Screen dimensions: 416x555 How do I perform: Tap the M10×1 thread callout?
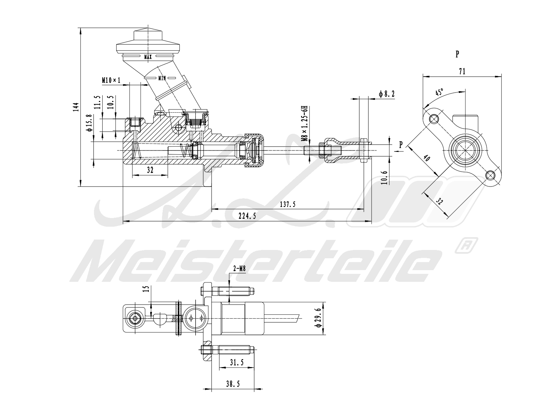coord(111,80)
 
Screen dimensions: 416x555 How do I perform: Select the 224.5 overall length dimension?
coord(247,216)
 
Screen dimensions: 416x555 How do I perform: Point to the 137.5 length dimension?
coord(288,204)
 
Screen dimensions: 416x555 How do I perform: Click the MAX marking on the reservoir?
coord(148,56)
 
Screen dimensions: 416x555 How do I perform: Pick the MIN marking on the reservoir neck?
coord(162,78)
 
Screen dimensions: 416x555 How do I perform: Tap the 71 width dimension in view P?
coord(462,71)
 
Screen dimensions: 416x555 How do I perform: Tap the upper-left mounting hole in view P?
coord(433,119)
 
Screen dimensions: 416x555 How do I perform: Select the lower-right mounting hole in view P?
coord(490,175)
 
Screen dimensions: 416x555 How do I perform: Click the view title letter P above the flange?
coord(457,54)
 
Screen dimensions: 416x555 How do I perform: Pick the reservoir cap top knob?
coord(148,35)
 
